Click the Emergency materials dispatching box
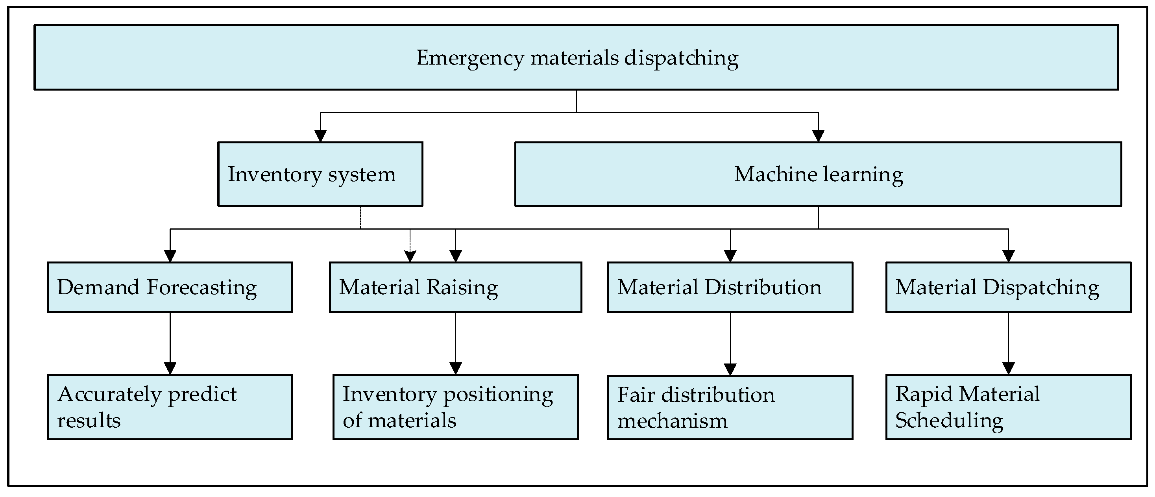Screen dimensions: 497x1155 tap(576, 57)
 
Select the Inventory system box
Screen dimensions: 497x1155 tap(320, 174)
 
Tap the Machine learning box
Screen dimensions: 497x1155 tap(818, 174)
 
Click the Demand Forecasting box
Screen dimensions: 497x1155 tap(170, 287)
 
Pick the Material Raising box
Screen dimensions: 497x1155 tap(456, 287)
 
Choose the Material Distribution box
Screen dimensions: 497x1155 tap(730, 287)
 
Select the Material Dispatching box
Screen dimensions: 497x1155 tap(1008, 287)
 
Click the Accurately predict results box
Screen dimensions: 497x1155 tap(170, 407)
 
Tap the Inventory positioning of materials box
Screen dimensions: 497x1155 tap(456, 407)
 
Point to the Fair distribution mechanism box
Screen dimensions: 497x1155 tap(730, 407)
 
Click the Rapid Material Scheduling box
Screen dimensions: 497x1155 tap(1008, 407)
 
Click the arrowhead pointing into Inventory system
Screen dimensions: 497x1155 tap(320, 136)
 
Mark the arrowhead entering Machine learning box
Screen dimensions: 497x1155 tap(818, 136)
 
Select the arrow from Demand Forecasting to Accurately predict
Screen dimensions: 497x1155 tap(170, 343)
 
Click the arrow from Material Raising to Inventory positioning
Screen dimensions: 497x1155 tap(456, 343)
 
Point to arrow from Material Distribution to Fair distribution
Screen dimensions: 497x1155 tap(730, 343)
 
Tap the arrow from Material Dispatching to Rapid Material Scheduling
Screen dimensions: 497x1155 tap(1008, 343)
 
